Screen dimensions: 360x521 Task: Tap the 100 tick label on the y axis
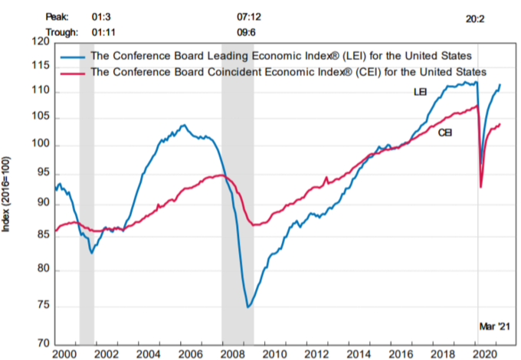click(38, 146)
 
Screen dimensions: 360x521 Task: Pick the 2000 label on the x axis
click(64, 354)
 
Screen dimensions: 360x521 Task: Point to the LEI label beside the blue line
click(420, 93)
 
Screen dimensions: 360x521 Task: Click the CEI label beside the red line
click(444, 133)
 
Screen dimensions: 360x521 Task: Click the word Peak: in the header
click(56, 15)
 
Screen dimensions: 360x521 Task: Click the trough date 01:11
click(103, 31)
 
